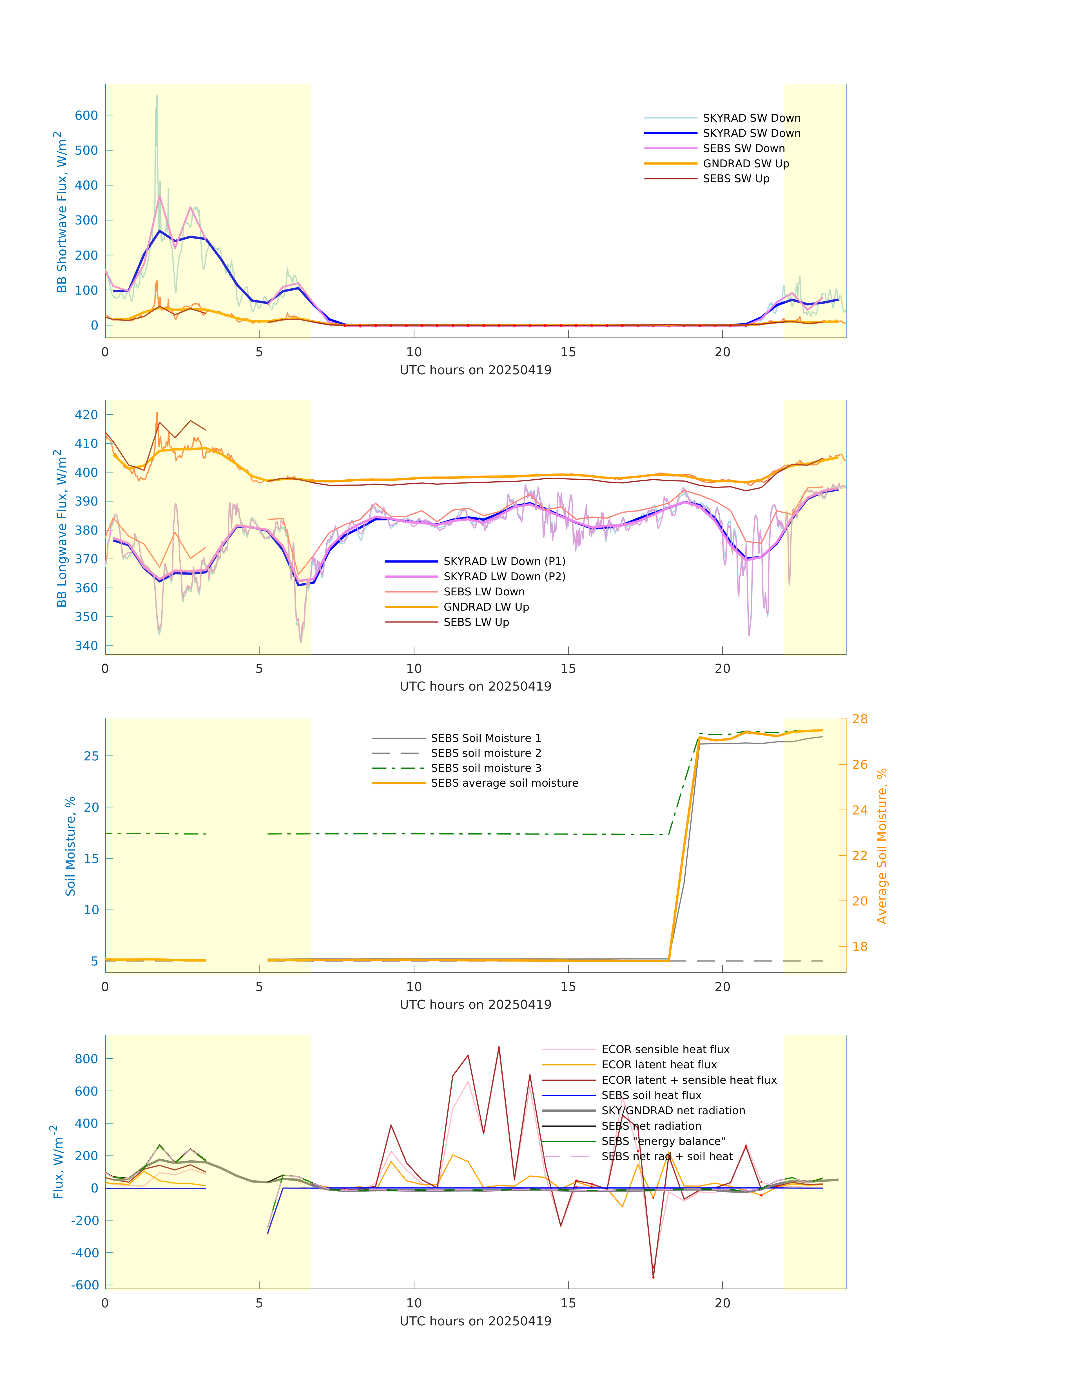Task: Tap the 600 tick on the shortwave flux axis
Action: [x=86, y=115]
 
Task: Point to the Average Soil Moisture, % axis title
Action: [x=882, y=846]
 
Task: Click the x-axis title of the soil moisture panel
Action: [x=476, y=1005]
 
